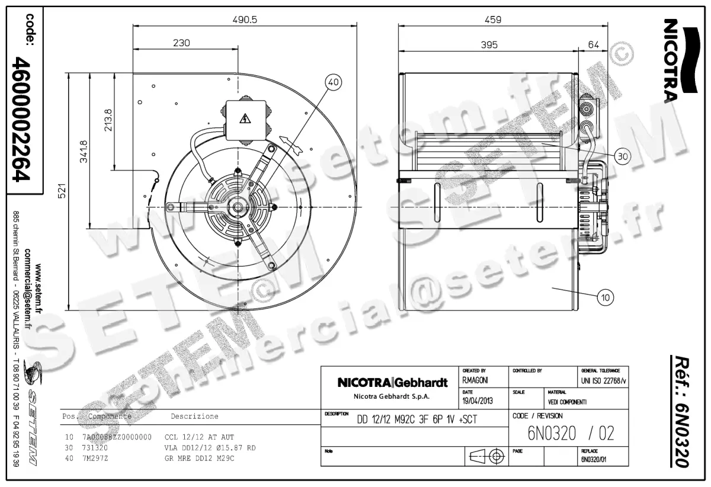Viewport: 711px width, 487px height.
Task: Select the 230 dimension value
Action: click(x=181, y=43)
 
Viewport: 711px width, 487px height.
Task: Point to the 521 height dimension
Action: click(x=61, y=191)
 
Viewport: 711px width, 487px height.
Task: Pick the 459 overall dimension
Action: click(x=492, y=19)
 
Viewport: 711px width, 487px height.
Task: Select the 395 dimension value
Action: click(x=489, y=44)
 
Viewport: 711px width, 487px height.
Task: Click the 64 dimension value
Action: click(x=594, y=44)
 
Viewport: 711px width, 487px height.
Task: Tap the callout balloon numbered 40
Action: click(x=333, y=83)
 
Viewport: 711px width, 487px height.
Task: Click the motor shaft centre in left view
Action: click(x=238, y=207)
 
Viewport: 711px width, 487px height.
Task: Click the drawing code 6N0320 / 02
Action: click(x=571, y=434)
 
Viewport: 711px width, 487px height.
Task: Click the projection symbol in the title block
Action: click(x=485, y=457)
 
